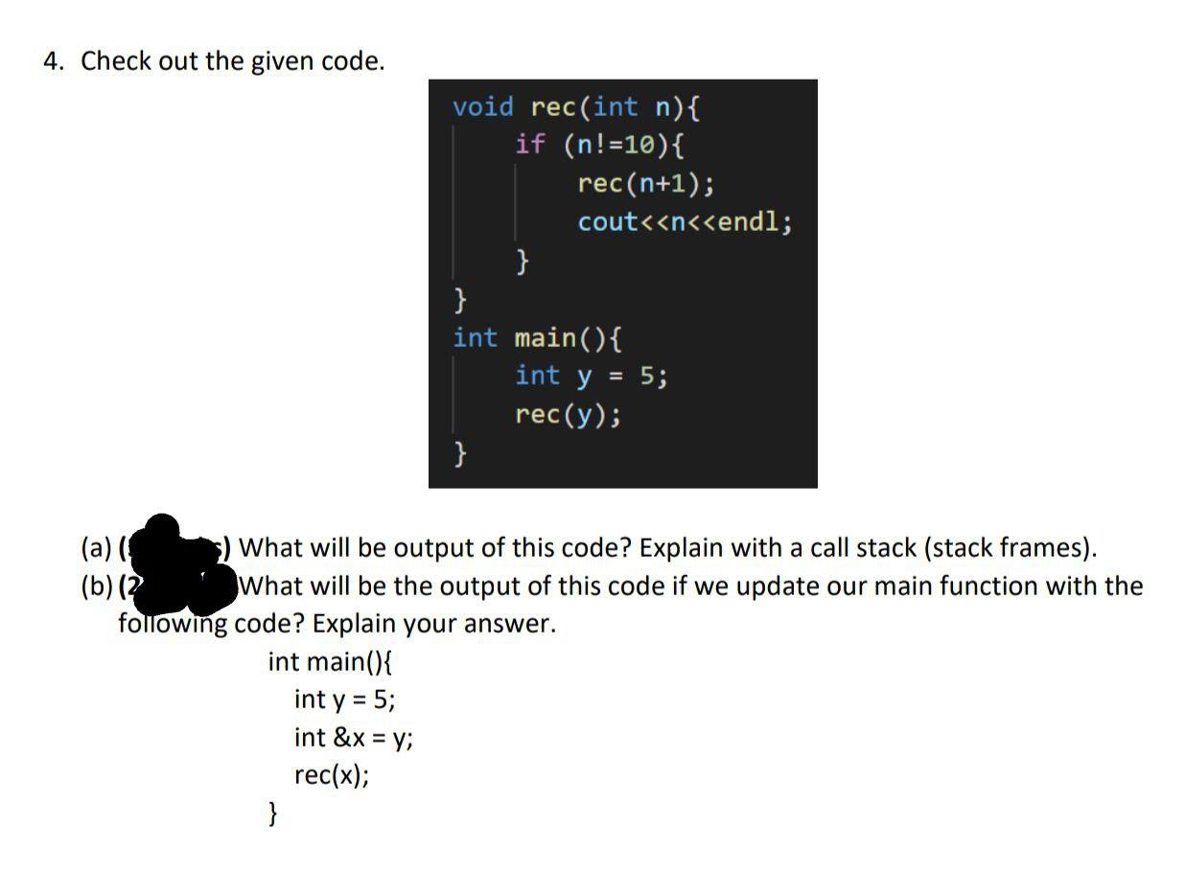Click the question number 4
tap(53, 61)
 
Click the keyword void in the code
tap(483, 106)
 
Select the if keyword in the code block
tap(529, 145)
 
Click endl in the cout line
tap(755, 222)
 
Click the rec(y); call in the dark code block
tap(568, 415)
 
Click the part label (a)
tap(96, 548)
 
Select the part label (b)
tap(96, 586)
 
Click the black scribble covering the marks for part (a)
tap(173, 543)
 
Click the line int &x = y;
tap(354, 737)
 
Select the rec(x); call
tap(332, 774)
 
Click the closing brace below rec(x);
tap(273, 815)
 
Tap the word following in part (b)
tap(173, 624)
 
